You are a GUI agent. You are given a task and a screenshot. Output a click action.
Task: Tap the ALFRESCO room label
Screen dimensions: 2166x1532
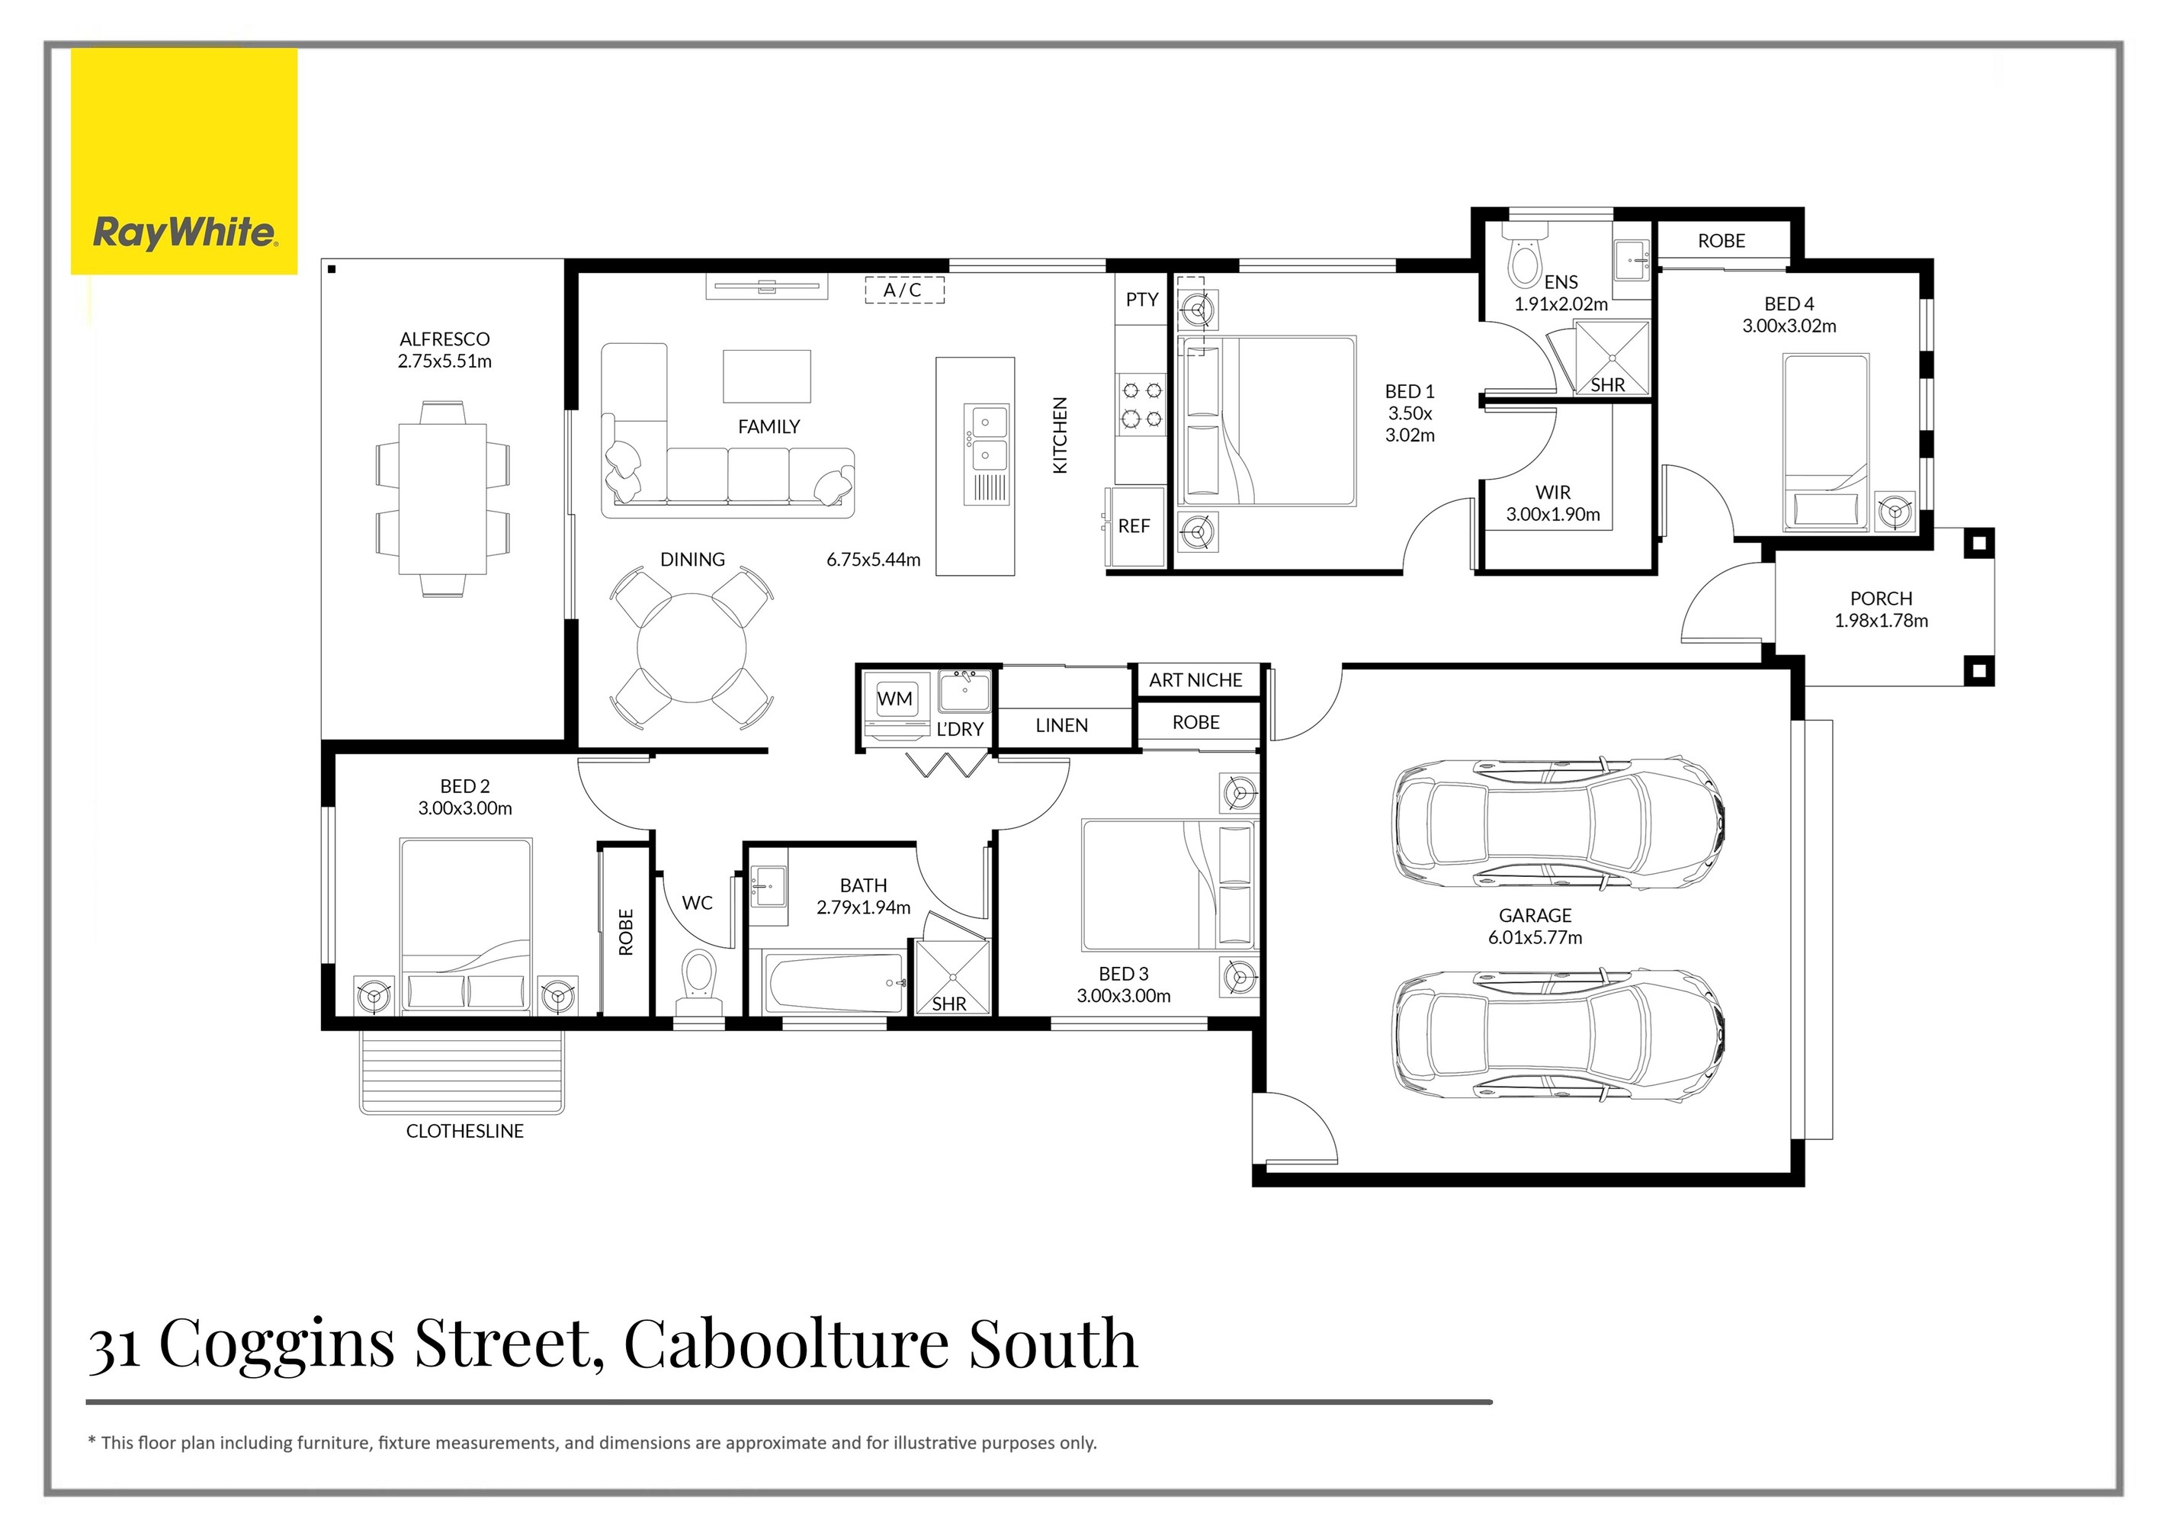(444, 339)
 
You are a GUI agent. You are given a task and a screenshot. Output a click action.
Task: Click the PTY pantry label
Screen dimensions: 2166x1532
(1141, 299)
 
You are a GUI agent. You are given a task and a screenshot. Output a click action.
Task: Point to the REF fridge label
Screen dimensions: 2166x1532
(1134, 526)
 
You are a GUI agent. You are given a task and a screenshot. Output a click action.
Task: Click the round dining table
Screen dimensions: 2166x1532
(692, 647)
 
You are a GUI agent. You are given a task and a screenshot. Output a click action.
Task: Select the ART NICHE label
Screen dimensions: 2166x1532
(1195, 680)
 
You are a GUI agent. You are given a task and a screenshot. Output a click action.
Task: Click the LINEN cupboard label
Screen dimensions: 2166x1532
(1061, 725)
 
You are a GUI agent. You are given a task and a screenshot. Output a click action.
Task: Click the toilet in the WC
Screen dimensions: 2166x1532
(699, 983)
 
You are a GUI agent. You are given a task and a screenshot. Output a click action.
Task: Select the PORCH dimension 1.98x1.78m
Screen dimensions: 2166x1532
(1881, 621)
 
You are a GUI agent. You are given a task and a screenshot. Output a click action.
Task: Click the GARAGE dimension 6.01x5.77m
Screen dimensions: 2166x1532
(1535, 938)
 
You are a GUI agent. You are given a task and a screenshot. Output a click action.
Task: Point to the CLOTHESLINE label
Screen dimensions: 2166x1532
(464, 1131)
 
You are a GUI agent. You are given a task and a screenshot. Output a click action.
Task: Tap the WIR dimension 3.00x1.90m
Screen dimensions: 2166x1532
(1553, 514)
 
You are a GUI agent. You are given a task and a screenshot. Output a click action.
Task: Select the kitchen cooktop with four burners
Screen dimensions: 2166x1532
(1141, 406)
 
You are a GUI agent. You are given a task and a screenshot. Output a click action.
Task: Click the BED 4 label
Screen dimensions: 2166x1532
(1789, 304)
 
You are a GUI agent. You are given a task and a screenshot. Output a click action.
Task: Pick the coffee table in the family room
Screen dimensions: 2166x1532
(767, 377)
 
